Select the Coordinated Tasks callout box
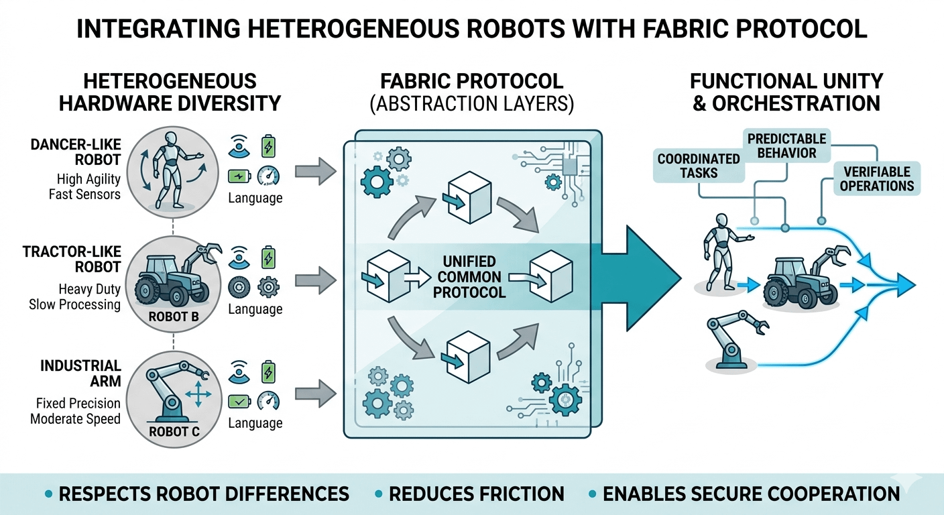coord(698,166)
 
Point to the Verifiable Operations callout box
coord(877,178)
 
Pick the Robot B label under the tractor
coord(173,316)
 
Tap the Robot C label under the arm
coord(173,431)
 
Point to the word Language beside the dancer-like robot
coord(255,198)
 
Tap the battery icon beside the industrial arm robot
coord(268,371)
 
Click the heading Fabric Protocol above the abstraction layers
coord(471,82)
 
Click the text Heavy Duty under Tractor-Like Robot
coord(89,289)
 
